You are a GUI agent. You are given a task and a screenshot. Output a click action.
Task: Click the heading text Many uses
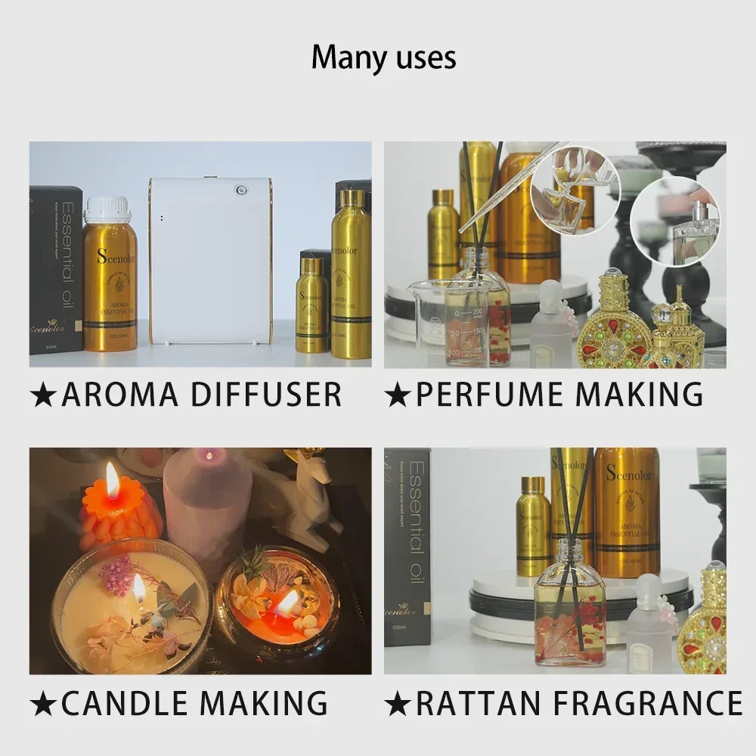(383, 58)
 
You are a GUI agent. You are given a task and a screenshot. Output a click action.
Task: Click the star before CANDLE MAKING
(43, 705)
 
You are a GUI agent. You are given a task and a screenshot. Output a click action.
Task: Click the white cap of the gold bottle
(107, 210)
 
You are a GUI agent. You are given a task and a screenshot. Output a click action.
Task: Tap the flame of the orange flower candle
(112, 480)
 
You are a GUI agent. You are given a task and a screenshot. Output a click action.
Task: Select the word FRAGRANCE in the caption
(647, 703)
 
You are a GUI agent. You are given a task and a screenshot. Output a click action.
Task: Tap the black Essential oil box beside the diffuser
(55, 270)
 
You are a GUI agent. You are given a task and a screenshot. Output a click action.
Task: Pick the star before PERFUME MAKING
(397, 395)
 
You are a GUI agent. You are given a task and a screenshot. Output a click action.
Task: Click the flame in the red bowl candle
(288, 603)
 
